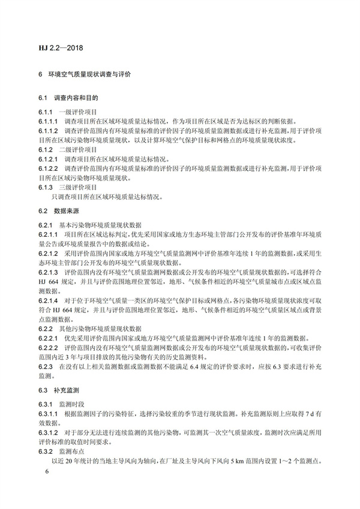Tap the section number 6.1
[42, 98]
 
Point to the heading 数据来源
[67, 212]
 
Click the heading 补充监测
[67, 390]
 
